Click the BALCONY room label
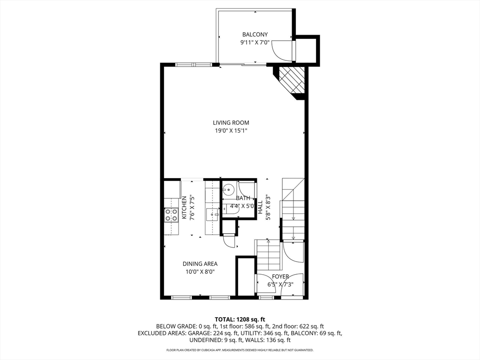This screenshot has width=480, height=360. pos(255,34)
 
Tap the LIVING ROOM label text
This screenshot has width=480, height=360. pos(231,123)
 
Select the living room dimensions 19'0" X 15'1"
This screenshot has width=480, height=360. pos(231,131)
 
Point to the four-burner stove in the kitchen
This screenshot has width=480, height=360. pos(171,215)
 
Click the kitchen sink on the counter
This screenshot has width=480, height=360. pos(213,214)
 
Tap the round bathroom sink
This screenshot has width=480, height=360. pos(229,190)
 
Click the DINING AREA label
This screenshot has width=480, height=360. pos(200,264)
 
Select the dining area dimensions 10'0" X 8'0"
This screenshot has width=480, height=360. pos(200,271)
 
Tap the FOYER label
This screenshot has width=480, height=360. pos(280,277)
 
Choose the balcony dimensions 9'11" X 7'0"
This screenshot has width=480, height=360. pos(255,42)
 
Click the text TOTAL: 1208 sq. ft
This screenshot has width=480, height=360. pos(240,319)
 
